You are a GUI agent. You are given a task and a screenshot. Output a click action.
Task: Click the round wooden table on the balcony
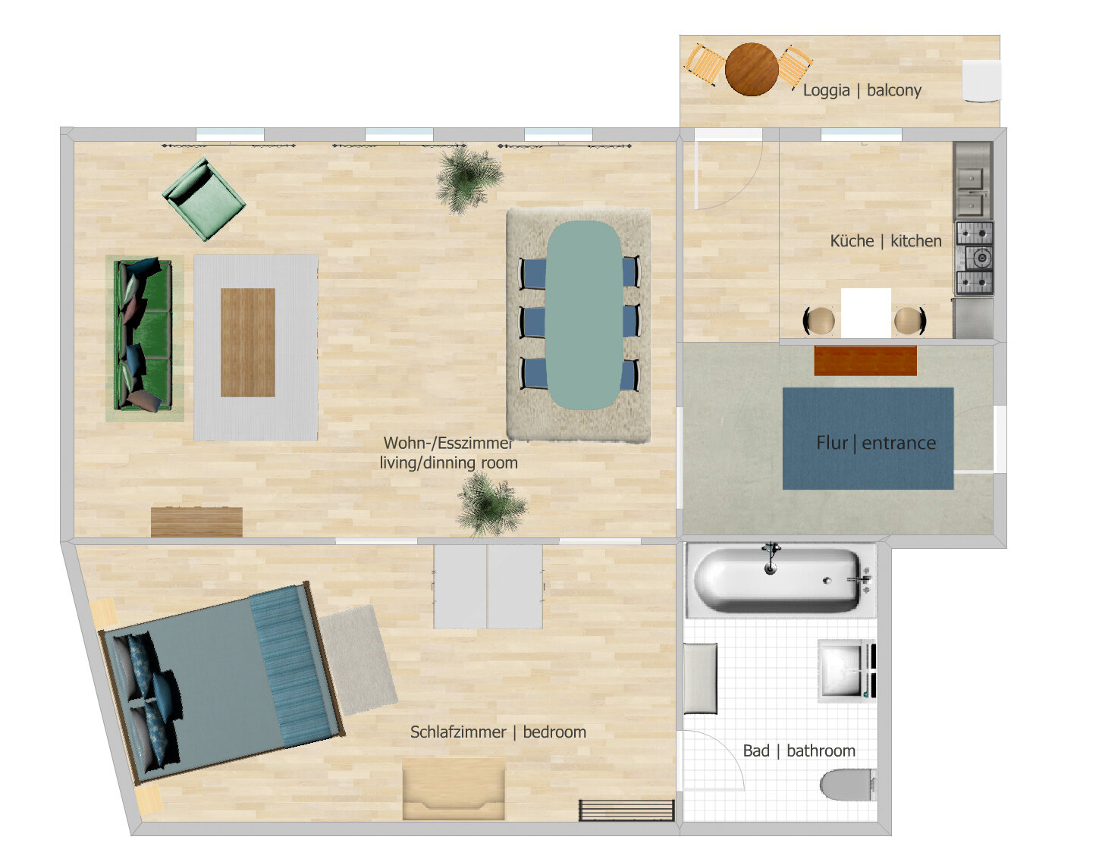coord(752,69)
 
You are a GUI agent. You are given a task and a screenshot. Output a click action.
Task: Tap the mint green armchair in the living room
coord(204,199)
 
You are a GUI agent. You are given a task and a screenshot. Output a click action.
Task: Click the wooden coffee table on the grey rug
coord(248,343)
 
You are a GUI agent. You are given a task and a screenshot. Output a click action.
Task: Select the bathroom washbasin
coord(846,671)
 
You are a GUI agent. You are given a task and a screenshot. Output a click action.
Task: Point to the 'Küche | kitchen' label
coord(886,241)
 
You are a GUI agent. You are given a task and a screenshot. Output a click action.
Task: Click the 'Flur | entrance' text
coord(876,443)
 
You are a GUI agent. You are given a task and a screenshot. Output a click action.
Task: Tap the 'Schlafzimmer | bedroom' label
coord(498,732)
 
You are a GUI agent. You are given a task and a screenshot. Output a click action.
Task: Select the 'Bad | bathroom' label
coord(799,750)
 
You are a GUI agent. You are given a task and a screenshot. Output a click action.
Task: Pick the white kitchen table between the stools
coord(866,312)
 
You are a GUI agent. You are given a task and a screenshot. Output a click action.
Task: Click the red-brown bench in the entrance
coord(865,361)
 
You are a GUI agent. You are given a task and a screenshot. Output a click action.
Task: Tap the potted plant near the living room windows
coord(469,179)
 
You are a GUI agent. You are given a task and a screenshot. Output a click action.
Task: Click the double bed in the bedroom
coord(221,682)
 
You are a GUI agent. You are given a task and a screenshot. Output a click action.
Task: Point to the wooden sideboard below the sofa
coord(196,522)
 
